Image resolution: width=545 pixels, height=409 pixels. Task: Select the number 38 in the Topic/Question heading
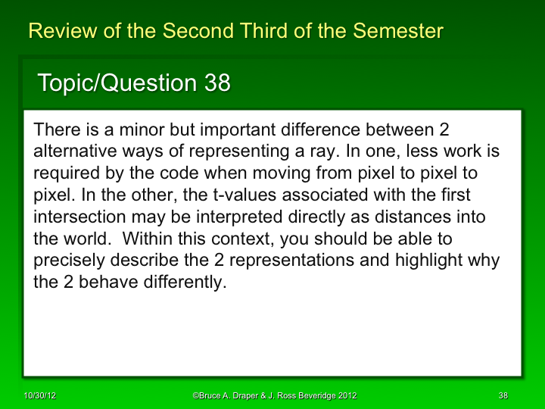click(217, 83)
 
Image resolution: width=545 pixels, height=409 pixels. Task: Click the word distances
click(416, 217)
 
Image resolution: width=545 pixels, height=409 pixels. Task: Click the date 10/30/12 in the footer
click(39, 396)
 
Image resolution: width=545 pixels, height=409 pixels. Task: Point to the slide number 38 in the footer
click(503, 396)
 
